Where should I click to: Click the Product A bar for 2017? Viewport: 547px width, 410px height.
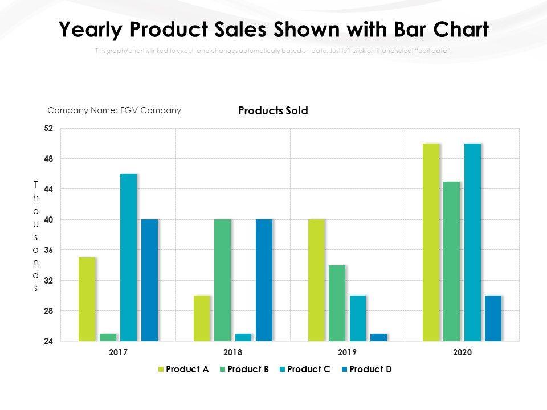[87, 299]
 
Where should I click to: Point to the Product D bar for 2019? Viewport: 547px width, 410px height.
[378, 337]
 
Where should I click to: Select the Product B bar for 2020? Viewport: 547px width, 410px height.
[451, 261]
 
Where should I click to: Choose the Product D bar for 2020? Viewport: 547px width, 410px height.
[493, 318]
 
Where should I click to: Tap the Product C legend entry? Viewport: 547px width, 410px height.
[304, 369]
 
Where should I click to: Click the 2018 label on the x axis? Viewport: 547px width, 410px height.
[232, 352]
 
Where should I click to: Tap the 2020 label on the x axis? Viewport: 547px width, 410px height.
[462, 352]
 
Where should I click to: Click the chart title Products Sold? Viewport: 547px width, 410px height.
[273, 111]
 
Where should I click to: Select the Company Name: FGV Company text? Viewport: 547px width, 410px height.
[114, 110]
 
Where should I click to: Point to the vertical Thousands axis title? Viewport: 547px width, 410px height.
[35, 236]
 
